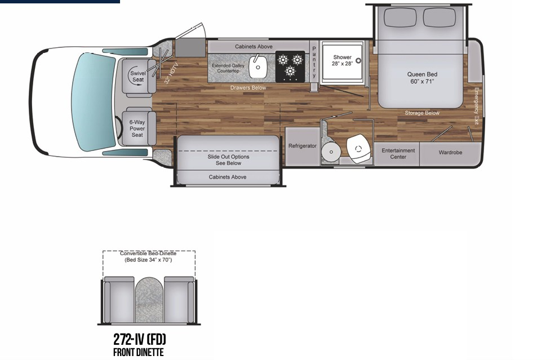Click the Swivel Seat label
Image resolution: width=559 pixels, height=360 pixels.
(137, 77)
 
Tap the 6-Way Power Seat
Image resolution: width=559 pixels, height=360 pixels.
(137, 128)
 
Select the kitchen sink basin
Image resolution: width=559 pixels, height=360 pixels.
(258, 68)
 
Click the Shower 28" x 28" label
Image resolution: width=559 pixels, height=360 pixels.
(342, 60)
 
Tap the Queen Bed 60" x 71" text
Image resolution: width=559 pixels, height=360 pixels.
(422, 78)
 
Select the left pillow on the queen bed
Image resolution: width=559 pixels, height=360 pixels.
(400, 17)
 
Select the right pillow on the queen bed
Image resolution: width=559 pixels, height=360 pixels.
(440, 17)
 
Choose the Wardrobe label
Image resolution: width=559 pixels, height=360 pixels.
(450, 153)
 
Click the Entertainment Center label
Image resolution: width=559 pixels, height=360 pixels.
(398, 153)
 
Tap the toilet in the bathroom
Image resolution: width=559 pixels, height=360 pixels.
(357, 148)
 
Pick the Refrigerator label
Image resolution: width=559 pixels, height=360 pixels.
(303, 146)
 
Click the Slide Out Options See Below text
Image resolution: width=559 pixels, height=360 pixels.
(228, 160)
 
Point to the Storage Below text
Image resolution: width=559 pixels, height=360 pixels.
(422, 113)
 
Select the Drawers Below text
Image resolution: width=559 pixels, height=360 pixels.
(248, 88)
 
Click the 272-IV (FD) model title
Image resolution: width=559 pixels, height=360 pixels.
(140, 340)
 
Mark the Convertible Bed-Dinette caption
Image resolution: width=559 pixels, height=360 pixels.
(149, 257)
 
